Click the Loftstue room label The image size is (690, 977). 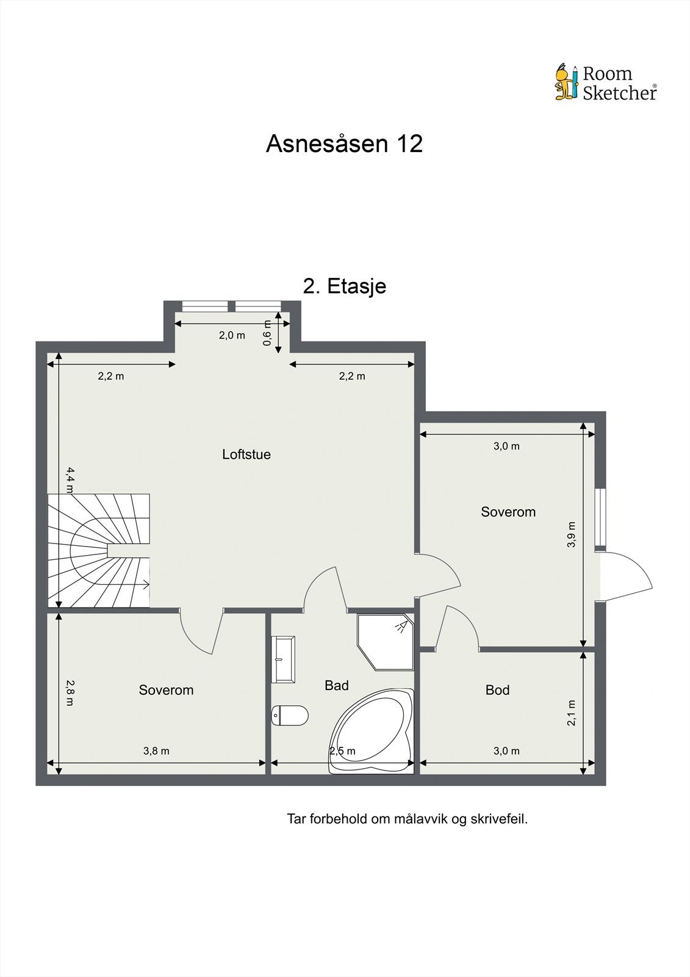pyautogui.click(x=246, y=454)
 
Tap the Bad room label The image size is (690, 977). pyautogui.click(x=337, y=685)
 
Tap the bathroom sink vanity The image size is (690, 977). pyautogui.click(x=283, y=659)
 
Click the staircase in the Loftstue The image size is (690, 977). pyautogui.click(x=98, y=550)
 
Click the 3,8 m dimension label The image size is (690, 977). pyautogui.click(x=156, y=751)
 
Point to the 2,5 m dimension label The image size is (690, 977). pyautogui.click(x=342, y=751)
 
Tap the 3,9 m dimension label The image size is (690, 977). pyautogui.click(x=572, y=534)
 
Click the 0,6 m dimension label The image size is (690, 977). pyautogui.click(x=267, y=333)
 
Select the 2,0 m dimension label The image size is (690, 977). pyautogui.click(x=232, y=335)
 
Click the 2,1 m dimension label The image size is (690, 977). pyautogui.click(x=572, y=713)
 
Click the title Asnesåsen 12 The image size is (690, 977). pyautogui.click(x=344, y=143)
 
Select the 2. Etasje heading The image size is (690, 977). pyautogui.click(x=344, y=286)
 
